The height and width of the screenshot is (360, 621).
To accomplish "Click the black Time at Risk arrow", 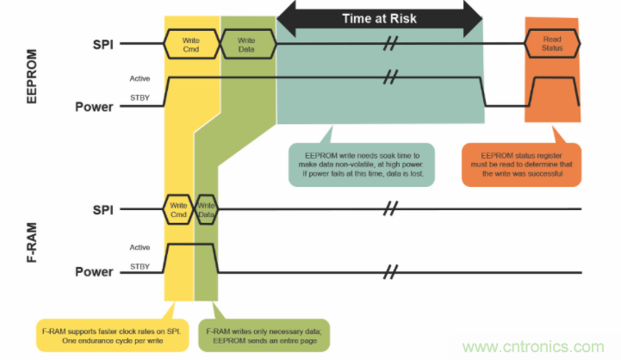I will pos(379,17).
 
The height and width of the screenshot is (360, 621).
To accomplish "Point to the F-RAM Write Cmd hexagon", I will pos(179,208).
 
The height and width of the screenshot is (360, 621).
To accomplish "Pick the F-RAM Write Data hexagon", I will pos(206,208).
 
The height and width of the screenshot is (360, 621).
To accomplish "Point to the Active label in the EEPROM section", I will pos(140,78).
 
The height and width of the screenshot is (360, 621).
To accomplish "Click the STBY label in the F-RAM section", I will pos(140,267).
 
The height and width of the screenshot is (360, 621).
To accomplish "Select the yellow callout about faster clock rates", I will pos(115,334).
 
